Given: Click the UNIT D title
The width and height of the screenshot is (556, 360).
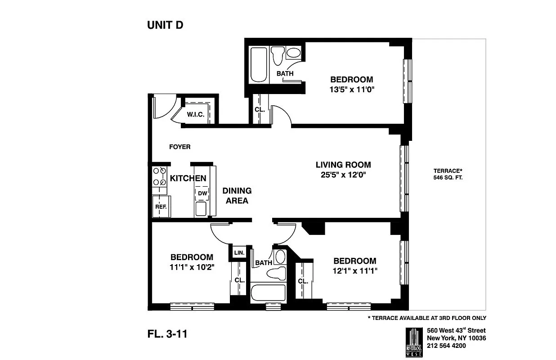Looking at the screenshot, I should [165, 25].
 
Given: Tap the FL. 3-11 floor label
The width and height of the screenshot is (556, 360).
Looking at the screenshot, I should [167, 334].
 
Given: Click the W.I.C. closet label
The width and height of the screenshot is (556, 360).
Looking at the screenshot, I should [196, 115].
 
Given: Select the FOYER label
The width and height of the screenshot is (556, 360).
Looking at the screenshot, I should [179, 147].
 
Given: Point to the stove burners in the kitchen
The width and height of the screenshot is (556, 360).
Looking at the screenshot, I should [159, 176].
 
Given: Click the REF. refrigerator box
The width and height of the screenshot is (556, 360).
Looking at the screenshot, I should [161, 206].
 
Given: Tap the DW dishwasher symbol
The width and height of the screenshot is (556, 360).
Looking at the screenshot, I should [202, 193].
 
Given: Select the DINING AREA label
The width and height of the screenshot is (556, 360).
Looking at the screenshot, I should [237, 196].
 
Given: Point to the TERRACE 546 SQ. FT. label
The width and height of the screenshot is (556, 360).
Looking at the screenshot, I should [448, 174].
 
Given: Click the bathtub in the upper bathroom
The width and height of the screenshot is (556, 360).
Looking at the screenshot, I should [258, 65].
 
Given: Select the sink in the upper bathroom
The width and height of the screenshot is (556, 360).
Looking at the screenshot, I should [293, 53].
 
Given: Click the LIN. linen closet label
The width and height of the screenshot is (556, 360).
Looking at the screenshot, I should [239, 253].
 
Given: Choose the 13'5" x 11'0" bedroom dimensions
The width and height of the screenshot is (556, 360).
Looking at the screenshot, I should [352, 89].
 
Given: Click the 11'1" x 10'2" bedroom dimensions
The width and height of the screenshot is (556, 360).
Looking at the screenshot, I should [192, 267].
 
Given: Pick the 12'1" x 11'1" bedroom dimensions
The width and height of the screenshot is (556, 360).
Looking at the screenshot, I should [354, 270].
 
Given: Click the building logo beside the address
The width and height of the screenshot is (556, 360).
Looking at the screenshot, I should [413, 342].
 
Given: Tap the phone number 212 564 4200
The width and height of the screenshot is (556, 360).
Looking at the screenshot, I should [446, 346].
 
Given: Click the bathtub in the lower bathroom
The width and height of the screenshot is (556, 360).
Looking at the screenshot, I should [268, 293].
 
